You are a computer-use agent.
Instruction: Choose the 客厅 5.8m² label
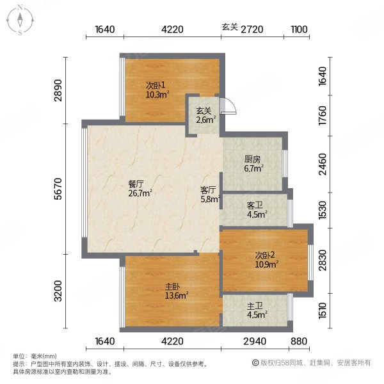click(x=210, y=195)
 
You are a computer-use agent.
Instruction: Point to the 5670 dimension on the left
click(x=57, y=189)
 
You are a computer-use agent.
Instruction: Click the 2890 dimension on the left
click(x=57, y=90)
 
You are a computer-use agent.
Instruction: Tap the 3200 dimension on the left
click(x=57, y=291)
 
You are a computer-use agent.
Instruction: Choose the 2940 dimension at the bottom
click(x=254, y=341)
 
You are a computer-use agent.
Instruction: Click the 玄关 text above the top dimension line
click(x=230, y=28)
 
